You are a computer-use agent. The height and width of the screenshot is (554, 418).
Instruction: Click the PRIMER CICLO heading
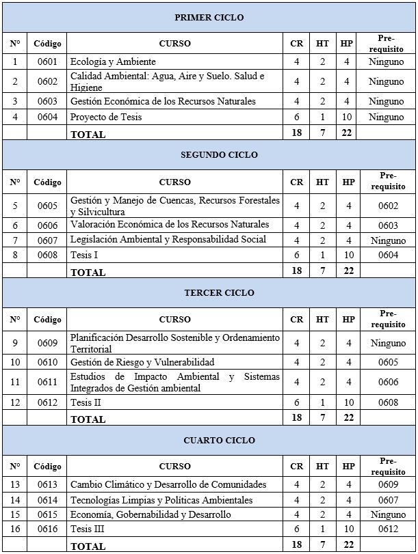tap(209, 17)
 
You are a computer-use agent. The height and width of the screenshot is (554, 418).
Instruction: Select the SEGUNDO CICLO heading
tap(209, 154)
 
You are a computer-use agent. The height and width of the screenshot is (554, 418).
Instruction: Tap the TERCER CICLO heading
tap(209, 292)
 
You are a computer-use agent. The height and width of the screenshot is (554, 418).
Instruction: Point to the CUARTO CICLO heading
tap(209, 441)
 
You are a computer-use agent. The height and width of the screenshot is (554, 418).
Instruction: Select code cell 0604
tap(47, 117)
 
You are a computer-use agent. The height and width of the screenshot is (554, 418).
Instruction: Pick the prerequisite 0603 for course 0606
tap(387, 225)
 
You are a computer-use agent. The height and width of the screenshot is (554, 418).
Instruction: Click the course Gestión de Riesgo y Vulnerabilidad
tap(142, 362)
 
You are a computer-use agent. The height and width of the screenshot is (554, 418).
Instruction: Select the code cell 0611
tap(47, 383)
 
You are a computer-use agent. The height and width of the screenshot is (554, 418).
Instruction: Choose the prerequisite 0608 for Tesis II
tap(387, 403)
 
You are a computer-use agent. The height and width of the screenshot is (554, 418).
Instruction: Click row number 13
tap(15, 484)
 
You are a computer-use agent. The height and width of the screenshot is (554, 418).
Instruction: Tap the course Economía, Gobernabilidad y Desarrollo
tap(151, 514)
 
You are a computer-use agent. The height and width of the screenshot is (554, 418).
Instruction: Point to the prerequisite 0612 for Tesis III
tap(387, 529)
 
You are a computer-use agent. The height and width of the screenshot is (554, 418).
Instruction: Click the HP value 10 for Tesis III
tap(348, 529)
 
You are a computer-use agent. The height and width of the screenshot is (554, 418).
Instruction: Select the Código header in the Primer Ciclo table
tap(47, 44)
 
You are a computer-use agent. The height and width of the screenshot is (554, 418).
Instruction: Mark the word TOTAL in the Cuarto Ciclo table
tap(88, 546)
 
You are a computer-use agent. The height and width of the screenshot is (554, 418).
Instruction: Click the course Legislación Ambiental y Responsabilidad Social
tap(168, 240)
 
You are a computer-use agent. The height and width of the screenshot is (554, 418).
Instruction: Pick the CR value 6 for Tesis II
tap(296, 403)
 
